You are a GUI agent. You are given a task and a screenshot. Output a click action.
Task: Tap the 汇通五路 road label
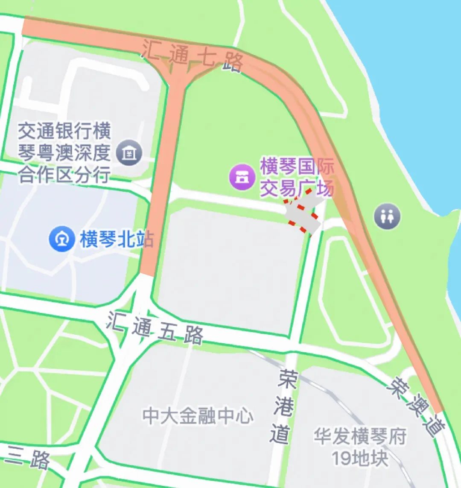click(155, 328)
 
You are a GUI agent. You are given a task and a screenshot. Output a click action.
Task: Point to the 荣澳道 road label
click(414, 405)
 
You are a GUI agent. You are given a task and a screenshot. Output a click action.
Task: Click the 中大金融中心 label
click(198, 416)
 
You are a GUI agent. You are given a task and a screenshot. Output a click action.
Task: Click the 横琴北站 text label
click(116, 239)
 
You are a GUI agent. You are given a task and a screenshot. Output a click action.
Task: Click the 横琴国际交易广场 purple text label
click(297, 178)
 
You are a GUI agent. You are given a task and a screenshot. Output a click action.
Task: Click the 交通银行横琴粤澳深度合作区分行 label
click(64, 152)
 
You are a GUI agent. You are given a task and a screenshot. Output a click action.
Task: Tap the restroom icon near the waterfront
click(387, 216)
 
